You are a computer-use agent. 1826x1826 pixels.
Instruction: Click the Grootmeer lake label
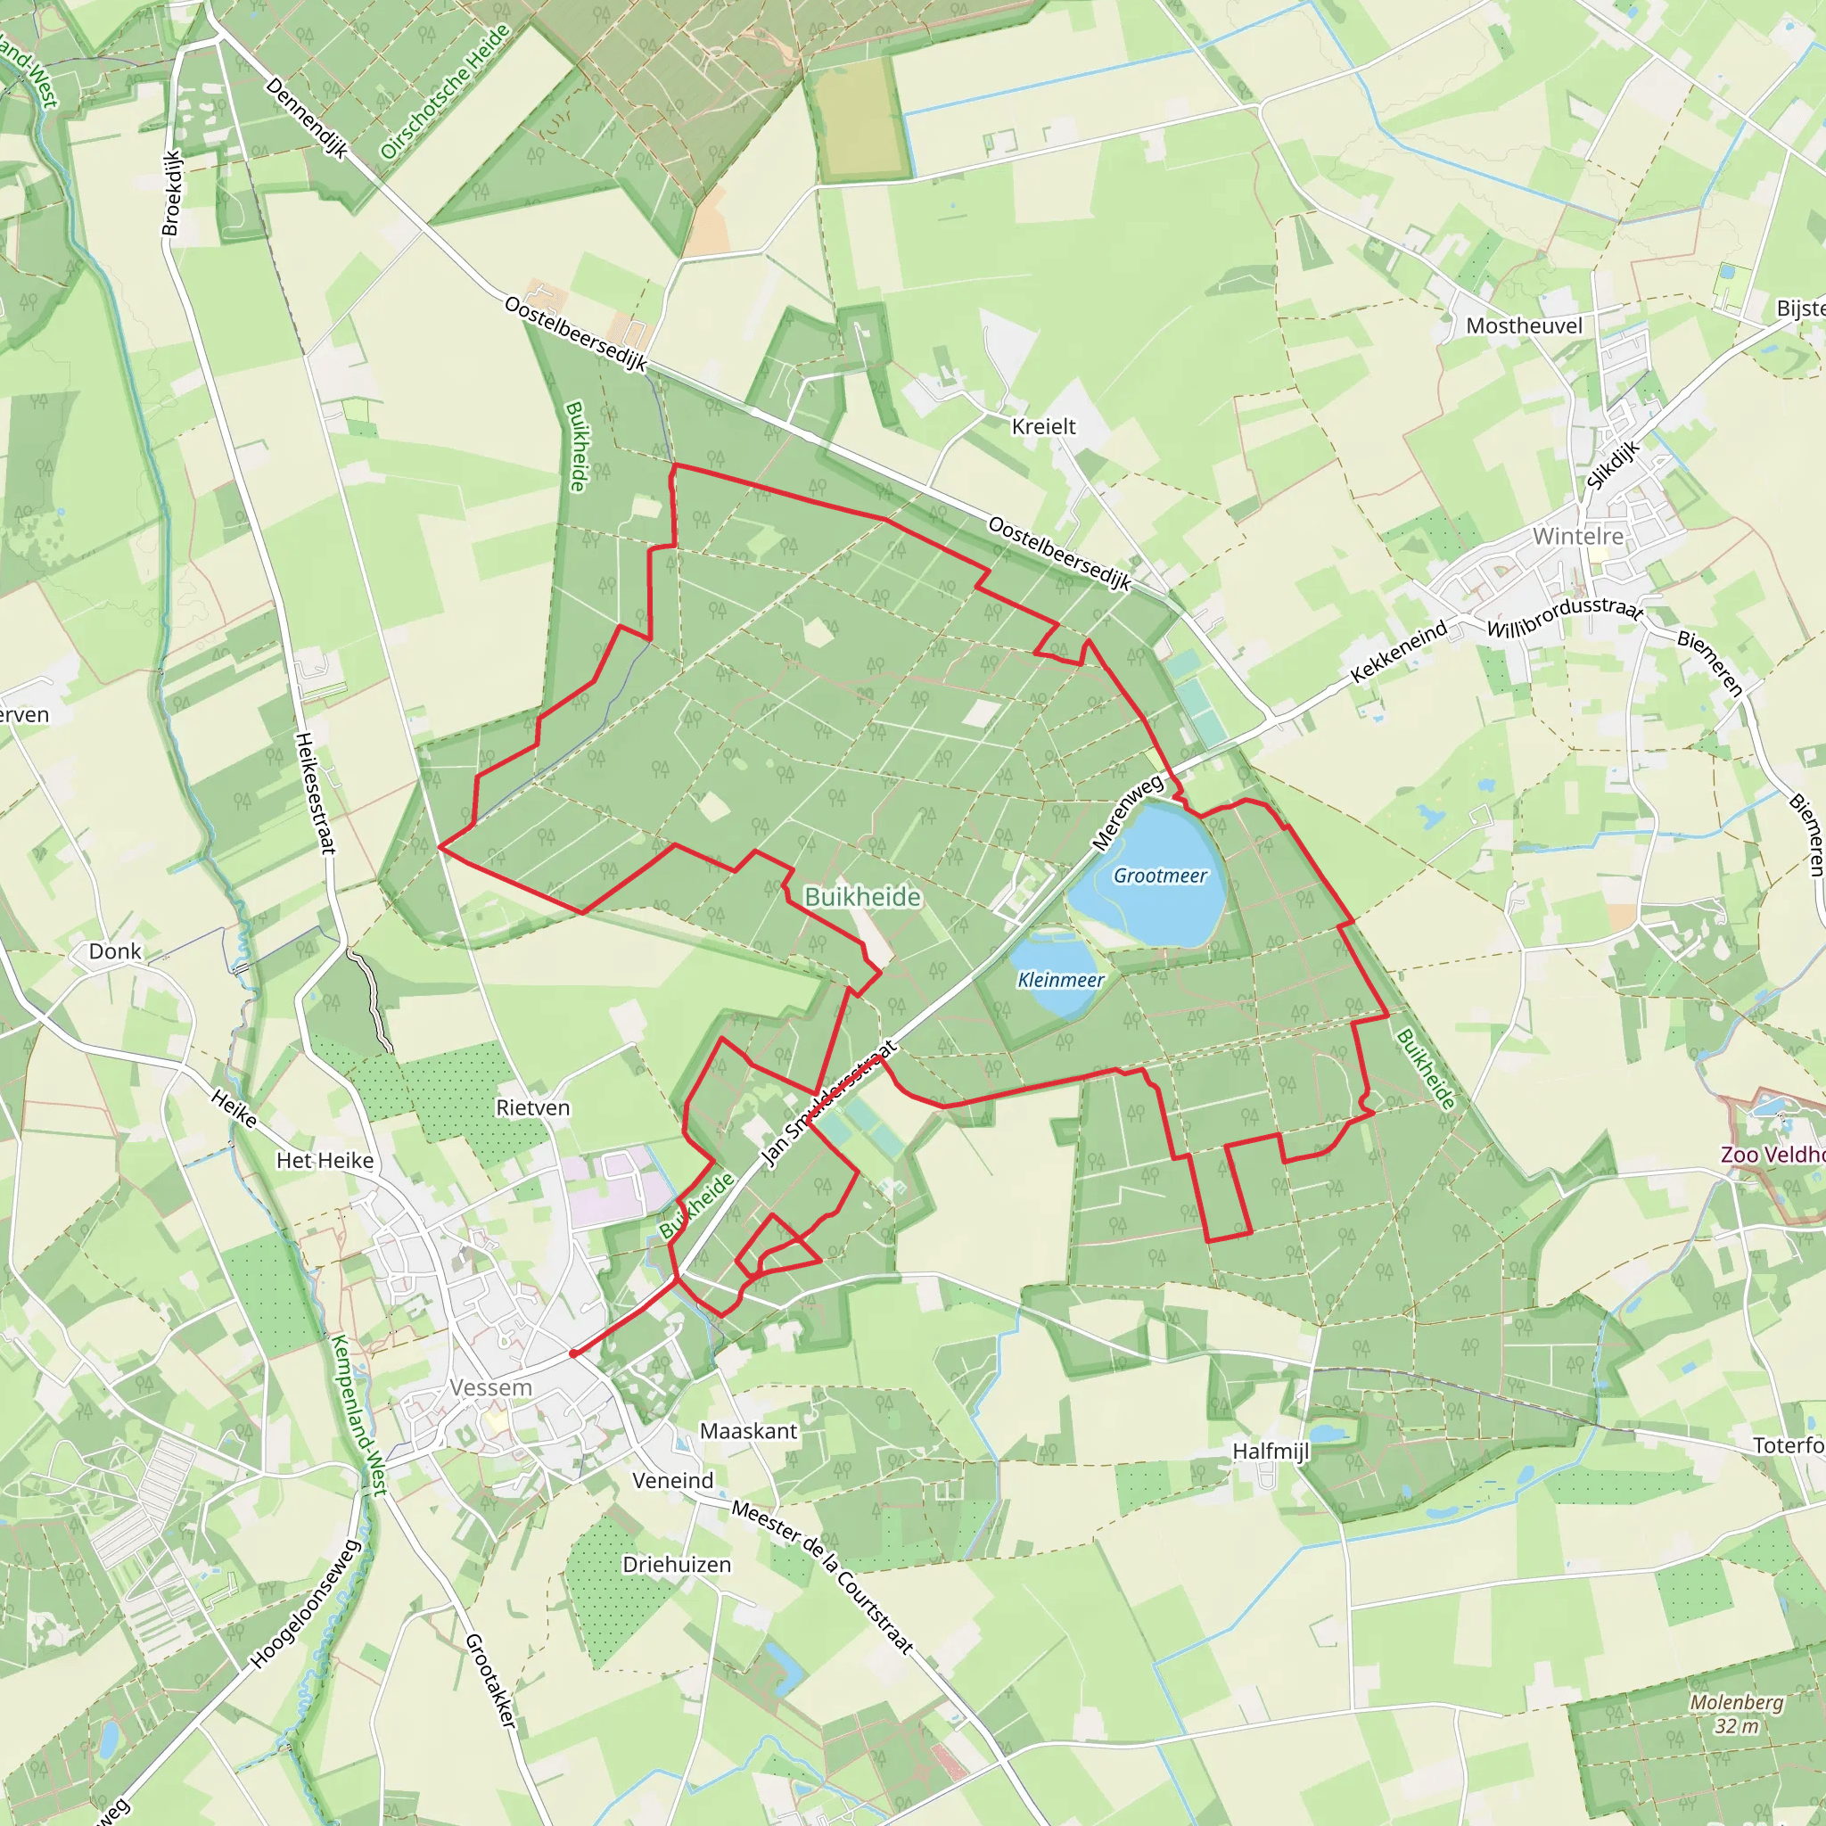point(1160,876)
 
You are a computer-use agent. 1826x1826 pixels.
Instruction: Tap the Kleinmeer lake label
point(1060,980)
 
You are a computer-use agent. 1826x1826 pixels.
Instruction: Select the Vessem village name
point(490,1387)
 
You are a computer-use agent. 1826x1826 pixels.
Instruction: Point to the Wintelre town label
point(1577,536)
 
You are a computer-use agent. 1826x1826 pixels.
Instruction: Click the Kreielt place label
point(1043,426)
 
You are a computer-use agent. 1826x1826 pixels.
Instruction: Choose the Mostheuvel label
point(1524,326)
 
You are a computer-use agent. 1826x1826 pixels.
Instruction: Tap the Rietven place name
point(533,1107)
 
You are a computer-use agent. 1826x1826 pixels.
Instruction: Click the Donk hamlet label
point(114,951)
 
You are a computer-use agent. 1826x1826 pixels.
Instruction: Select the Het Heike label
point(325,1161)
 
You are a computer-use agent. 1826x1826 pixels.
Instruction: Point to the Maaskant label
point(749,1431)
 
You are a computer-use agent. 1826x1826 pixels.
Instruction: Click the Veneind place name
point(673,1480)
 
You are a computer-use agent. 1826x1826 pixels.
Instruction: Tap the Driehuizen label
point(677,1564)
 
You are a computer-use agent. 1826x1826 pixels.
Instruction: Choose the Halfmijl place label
point(1271,1451)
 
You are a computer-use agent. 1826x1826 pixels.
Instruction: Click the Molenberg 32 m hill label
point(1736,1714)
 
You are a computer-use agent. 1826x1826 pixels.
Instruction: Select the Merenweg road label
point(1128,813)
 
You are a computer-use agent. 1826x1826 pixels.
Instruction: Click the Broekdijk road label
point(171,193)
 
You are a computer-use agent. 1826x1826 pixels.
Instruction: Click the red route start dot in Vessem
point(573,1353)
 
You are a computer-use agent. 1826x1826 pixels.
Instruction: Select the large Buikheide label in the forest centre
point(862,897)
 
